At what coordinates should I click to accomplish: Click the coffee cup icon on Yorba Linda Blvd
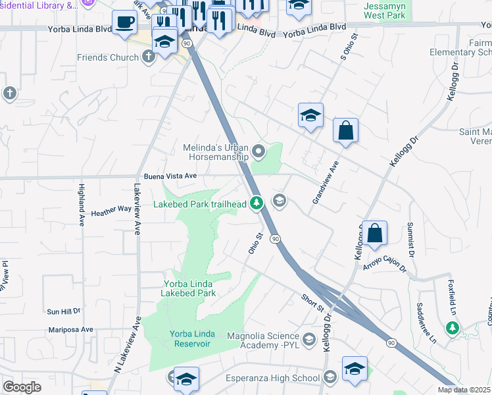[x=124, y=24]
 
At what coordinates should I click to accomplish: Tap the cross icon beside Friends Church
[x=149, y=57]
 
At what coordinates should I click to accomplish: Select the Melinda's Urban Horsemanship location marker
[x=259, y=153]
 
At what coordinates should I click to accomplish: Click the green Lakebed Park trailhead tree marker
[x=257, y=203]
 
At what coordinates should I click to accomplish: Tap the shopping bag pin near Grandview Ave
[x=345, y=130]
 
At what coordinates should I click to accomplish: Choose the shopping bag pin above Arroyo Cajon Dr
[x=374, y=233]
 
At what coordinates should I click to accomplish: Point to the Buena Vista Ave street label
[x=170, y=176]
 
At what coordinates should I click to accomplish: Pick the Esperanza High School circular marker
[x=331, y=377]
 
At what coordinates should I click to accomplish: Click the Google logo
[x=22, y=387]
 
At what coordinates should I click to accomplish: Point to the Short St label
[x=313, y=303]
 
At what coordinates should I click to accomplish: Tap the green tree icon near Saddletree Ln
[x=452, y=327]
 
